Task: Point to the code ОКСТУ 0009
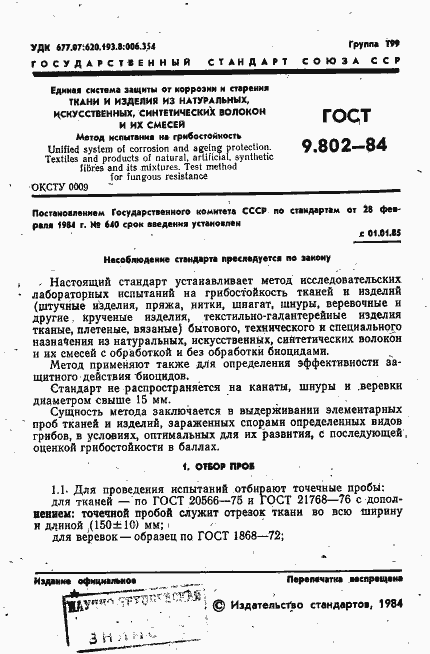pos(61,186)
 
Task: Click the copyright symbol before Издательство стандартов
pos(219,606)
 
